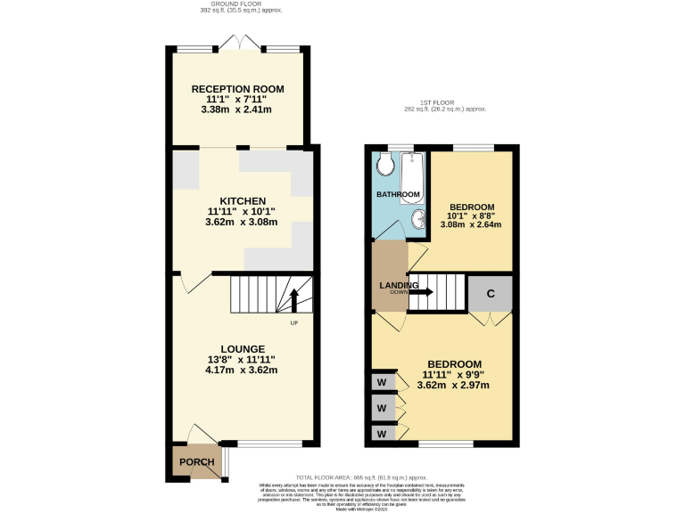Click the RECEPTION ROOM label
coord(237,88)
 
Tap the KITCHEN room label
coord(237,200)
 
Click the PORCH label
coord(196,462)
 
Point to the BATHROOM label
coord(397,194)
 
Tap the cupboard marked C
coord(491,293)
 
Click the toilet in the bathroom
coord(386,165)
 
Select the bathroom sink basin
coord(417,219)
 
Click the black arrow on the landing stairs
coord(421,292)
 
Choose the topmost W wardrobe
coord(383,383)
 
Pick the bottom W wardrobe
coord(383,433)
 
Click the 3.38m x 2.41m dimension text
coord(237,110)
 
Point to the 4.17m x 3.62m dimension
coord(236,370)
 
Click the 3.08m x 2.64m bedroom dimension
coord(471,224)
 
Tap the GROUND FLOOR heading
coord(237,5)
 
